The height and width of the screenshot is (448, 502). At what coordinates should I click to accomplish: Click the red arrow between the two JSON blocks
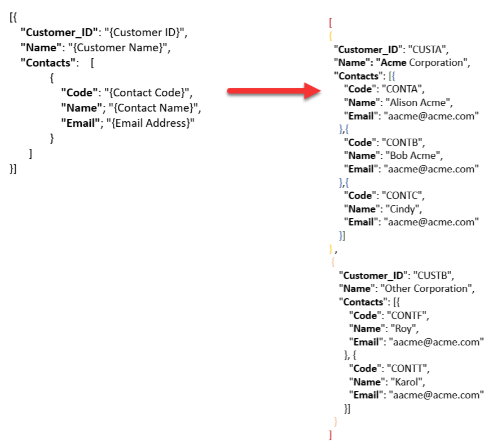pyautogui.click(x=274, y=91)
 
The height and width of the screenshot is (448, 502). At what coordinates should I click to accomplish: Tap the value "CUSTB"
pyautogui.click(x=432, y=276)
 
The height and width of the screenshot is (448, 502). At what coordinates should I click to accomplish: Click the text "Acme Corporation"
pyautogui.click(x=422, y=63)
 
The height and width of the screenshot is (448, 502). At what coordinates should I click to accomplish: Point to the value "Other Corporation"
pyautogui.click(x=426, y=289)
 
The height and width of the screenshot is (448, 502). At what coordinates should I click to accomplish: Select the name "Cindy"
pyautogui.click(x=402, y=209)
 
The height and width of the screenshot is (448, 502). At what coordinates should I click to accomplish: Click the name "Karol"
pyautogui.click(x=407, y=382)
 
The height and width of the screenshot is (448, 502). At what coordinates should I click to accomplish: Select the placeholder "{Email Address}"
pyautogui.click(x=151, y=123)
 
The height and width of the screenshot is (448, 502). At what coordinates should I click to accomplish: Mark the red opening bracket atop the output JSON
pyautogui.click(x=331, y=23)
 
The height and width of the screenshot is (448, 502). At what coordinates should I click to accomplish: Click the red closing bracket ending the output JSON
pyautogui.click(x=330, y=435)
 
